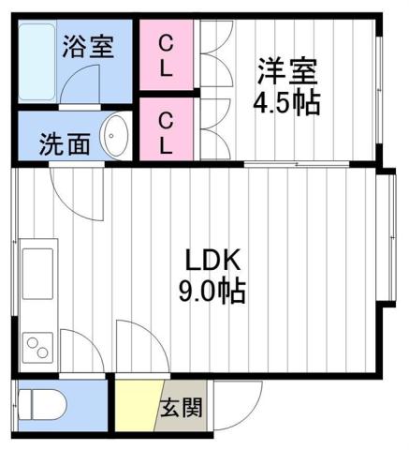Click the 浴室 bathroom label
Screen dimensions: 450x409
tap(89, 46)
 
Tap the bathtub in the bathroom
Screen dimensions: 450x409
tap(38, 65)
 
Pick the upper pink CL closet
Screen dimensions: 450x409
tap(165, 55)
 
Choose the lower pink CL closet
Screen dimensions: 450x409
tap(165, 131)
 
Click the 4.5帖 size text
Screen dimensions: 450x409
tap(286, 101)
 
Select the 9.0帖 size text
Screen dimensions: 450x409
tap(213, 292)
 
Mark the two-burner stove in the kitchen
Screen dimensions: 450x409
tap(37, 348)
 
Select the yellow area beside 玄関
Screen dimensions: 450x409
tap(135, 403)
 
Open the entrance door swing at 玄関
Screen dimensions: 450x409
tap(234, 403)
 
